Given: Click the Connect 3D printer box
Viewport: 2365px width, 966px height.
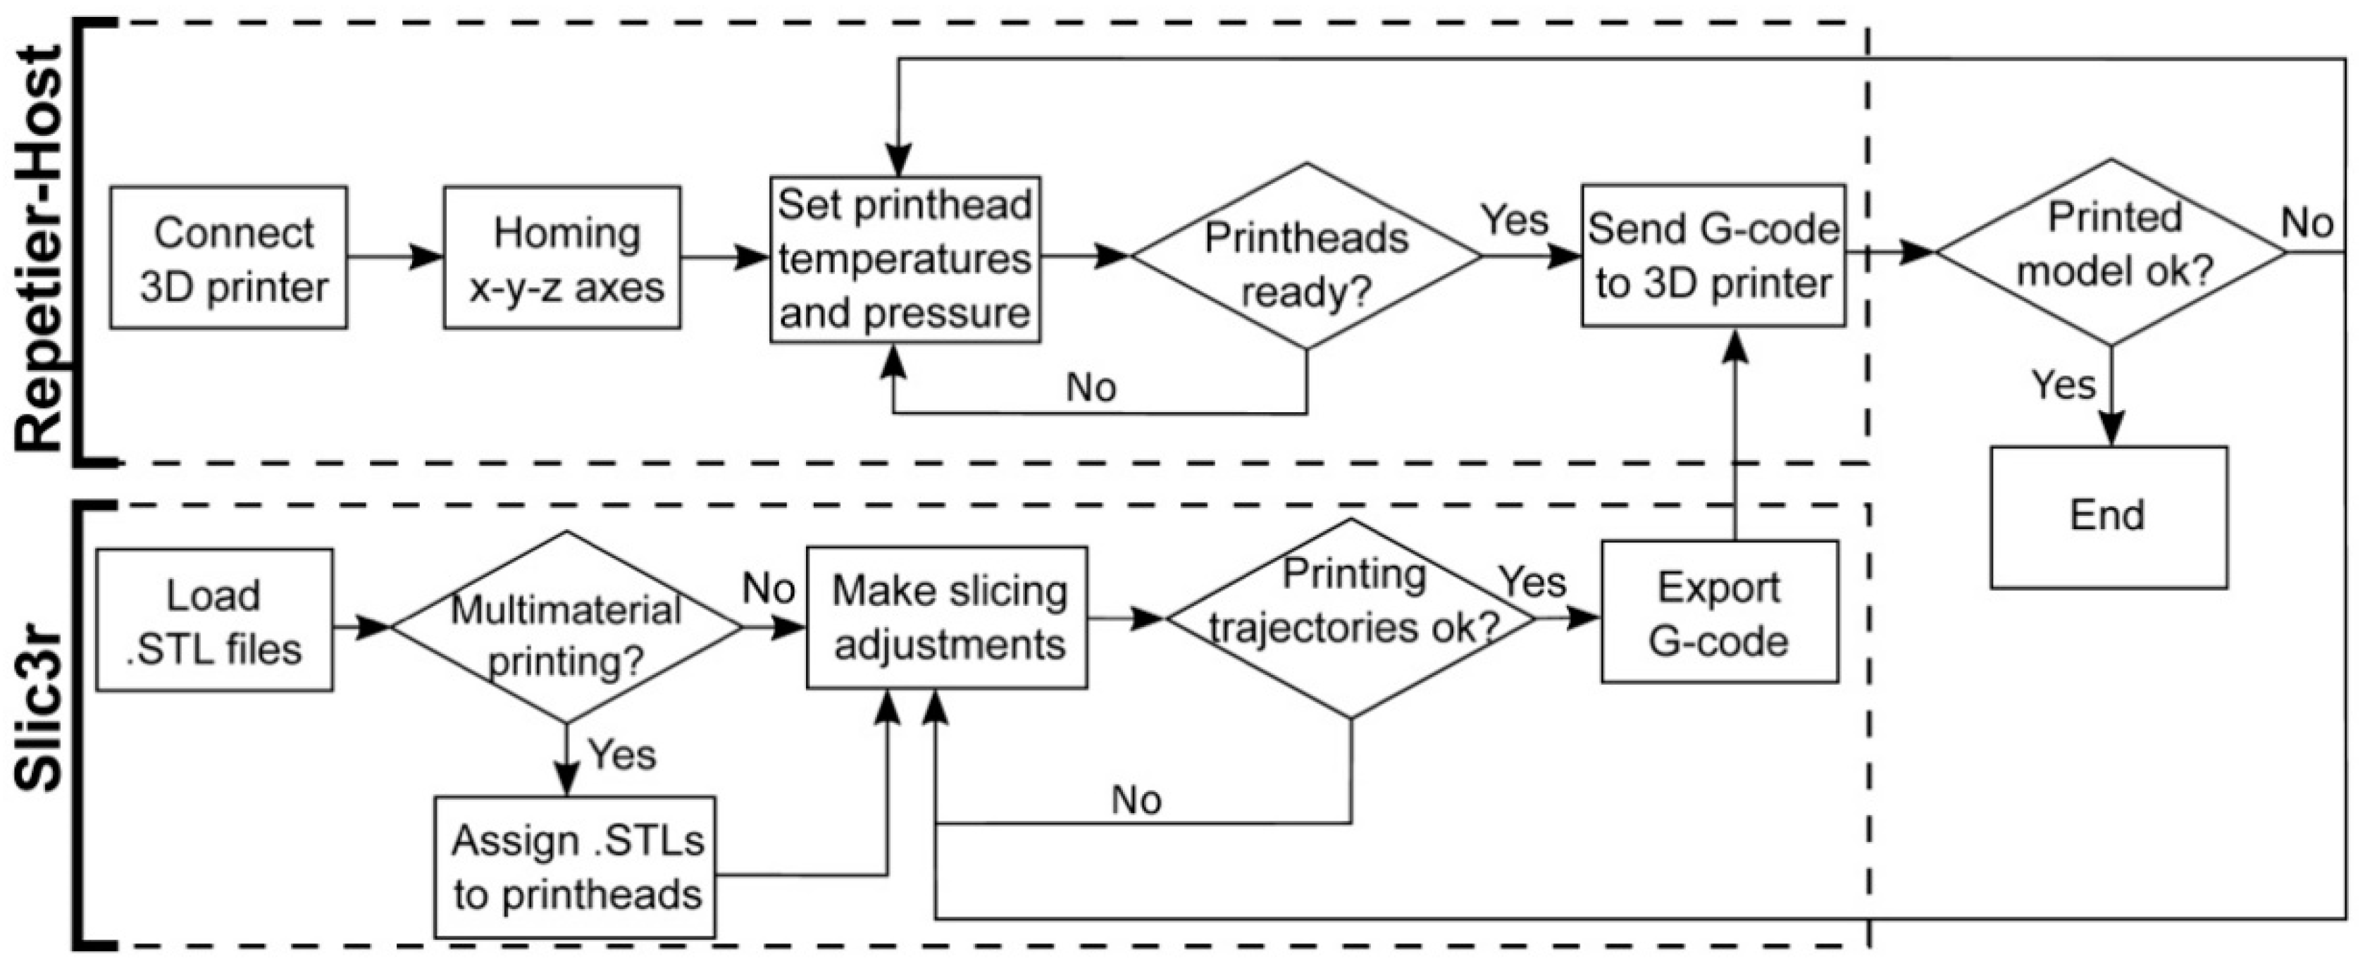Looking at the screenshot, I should [x=228, y=258].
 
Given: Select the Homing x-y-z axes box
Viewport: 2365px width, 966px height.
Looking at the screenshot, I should [x=562, y=258].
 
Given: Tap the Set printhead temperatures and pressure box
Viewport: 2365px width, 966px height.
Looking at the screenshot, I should [x=905, y=260].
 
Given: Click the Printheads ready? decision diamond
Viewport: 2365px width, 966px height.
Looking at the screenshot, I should [x=1305, y=257].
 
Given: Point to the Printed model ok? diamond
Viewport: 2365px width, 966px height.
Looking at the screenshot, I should [x=2111, y=252].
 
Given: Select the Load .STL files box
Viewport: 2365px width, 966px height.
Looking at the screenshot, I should [x=214, y=621].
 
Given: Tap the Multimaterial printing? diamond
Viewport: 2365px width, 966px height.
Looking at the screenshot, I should [x=566, y=627].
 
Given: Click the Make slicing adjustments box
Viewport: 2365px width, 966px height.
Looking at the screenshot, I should [x=948, y=618].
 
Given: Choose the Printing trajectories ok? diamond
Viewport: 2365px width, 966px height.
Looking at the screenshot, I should [x=1351, y=618].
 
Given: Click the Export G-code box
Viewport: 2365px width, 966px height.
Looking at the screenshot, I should [x=1720, y=612].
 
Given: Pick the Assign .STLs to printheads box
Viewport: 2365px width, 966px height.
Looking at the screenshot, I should [x=576, y=867].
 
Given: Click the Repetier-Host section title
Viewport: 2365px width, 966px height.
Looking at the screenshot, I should [x=42, y=248].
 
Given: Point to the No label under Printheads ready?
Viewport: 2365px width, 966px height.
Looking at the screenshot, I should [x=1091, y=388].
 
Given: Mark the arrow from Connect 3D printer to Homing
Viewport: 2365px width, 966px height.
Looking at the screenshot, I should [x=395, y=258].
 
